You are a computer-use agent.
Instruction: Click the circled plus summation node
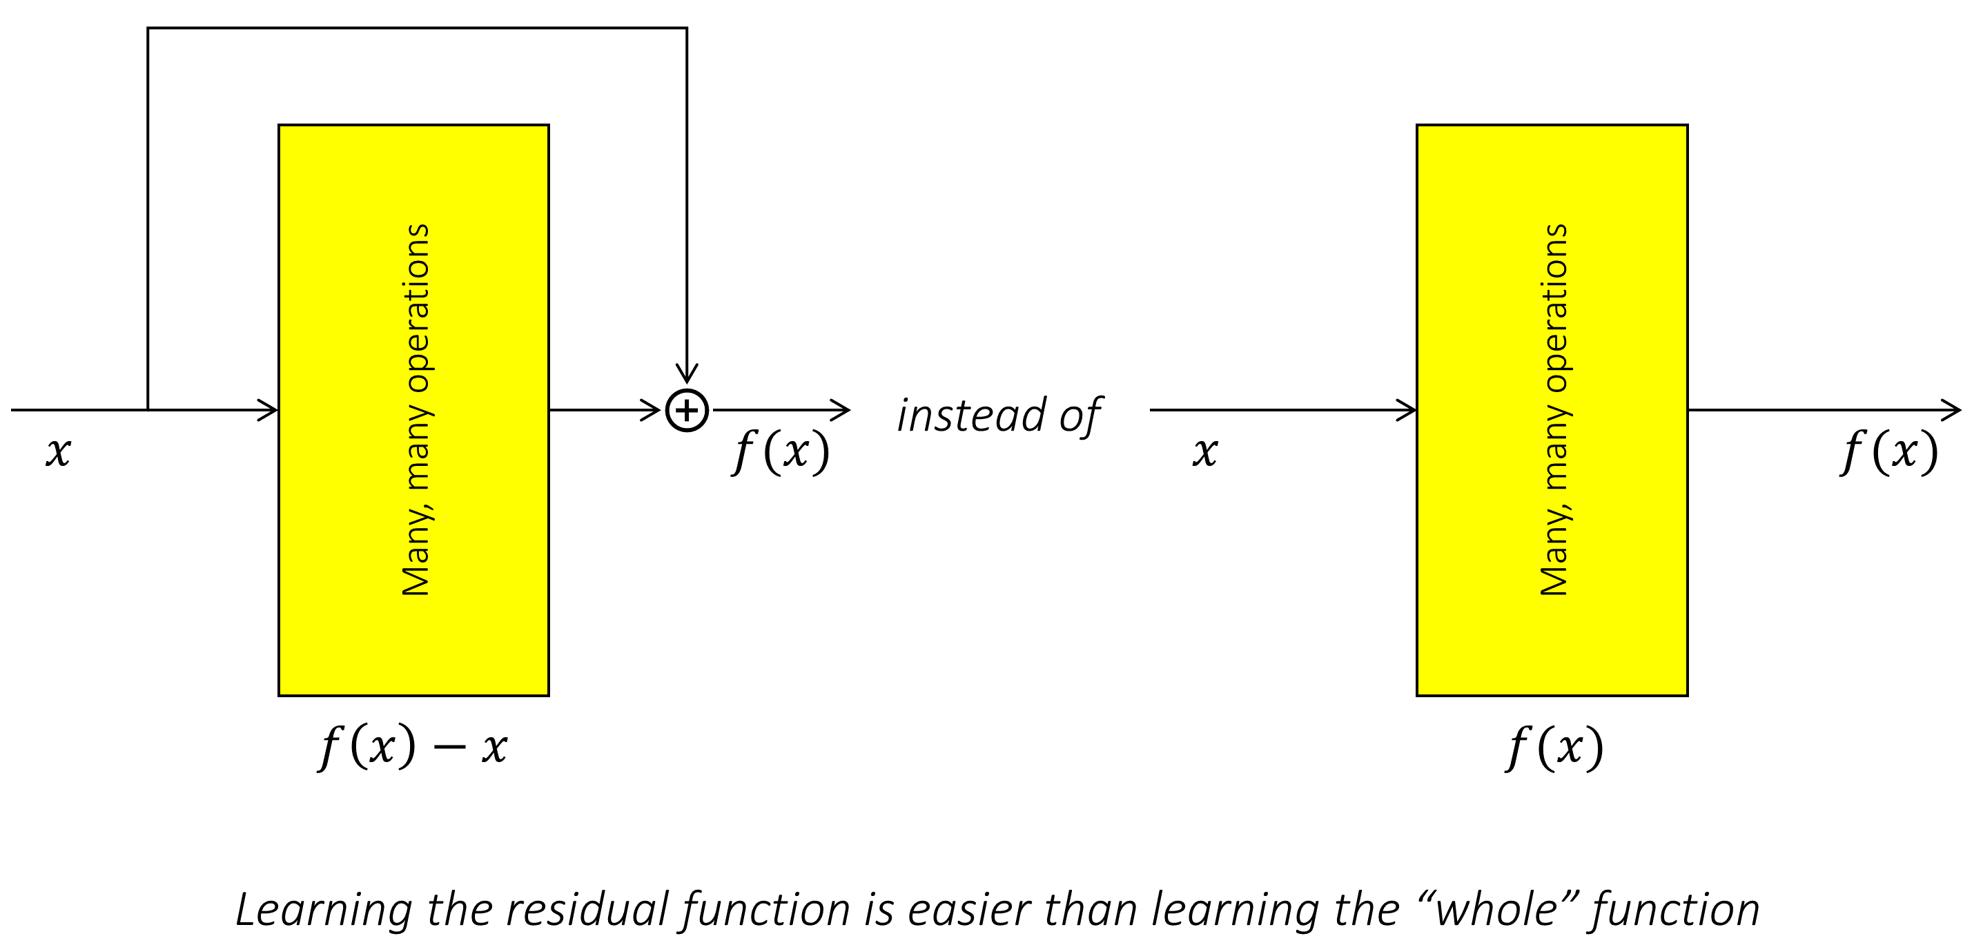pyautogui.click(x=687, y=410)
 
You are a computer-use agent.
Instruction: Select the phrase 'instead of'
pyautogui.click(x=998, y=416)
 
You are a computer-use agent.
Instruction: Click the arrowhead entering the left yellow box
pyautogui.click(x=269, y=410)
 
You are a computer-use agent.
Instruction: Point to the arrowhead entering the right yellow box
pyautogui.click(x=1407, y=410)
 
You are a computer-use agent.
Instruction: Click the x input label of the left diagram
pyautogui.click(x=58, y=451)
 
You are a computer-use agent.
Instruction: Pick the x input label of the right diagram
pyautogui.click(x=1204, y=451)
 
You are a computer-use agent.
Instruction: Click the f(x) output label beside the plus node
pyautogui.click(x=781, y=451)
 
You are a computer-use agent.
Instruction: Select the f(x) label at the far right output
pyautogui.click(x=1889, y=451)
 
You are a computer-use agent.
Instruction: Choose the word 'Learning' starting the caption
pyautogui.click(x=324, y=909)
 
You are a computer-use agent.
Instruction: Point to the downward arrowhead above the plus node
pyautogui.click(x=687, y=373)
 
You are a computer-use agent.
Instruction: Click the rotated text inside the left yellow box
pyautogui.click(x=416, y=410)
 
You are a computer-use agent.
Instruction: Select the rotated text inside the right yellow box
pyautogui.click(x=1554, y=410)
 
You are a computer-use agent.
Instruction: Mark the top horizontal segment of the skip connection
pyautogui.click(x=417, y=28)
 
